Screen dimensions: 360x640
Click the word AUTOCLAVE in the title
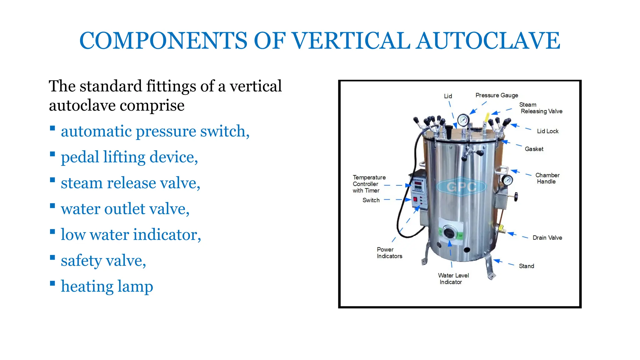point(488,41)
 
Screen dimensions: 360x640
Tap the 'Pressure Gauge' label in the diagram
point(497,95)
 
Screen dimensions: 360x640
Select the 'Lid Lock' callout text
point(547,131)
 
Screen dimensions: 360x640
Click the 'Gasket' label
point(534,149)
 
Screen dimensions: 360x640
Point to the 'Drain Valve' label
point(547,238)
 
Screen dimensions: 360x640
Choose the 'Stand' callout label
point(526,266)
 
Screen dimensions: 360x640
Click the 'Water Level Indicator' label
point(453,279)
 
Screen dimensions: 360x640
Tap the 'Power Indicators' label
point(389,253)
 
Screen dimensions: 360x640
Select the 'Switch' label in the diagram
point(371,200)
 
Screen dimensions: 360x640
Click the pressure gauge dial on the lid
point(463,120)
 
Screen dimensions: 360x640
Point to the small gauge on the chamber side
point(507,180)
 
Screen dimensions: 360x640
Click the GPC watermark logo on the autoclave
point(461,187)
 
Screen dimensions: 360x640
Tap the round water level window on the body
point(449,233)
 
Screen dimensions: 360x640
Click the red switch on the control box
point(415,200)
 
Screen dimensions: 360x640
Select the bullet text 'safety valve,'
point(103,261)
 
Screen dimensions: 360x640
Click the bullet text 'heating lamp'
point(107,287)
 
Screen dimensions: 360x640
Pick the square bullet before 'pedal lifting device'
point(52,154)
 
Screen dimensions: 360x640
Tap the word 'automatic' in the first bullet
point(96,131)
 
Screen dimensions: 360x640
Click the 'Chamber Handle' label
point(547,178)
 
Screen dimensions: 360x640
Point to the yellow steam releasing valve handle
point(487,118)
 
